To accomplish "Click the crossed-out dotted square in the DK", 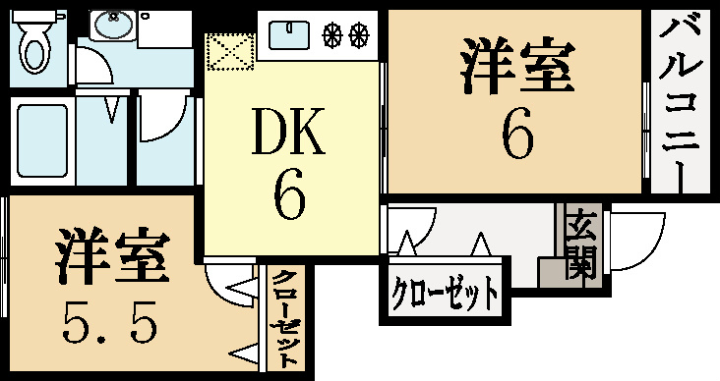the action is [x=231, y=52].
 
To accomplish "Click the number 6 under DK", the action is [x=289, y=195].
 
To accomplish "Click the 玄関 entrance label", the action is [x=581, y=245].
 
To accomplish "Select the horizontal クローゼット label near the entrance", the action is [x=444, y=292].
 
